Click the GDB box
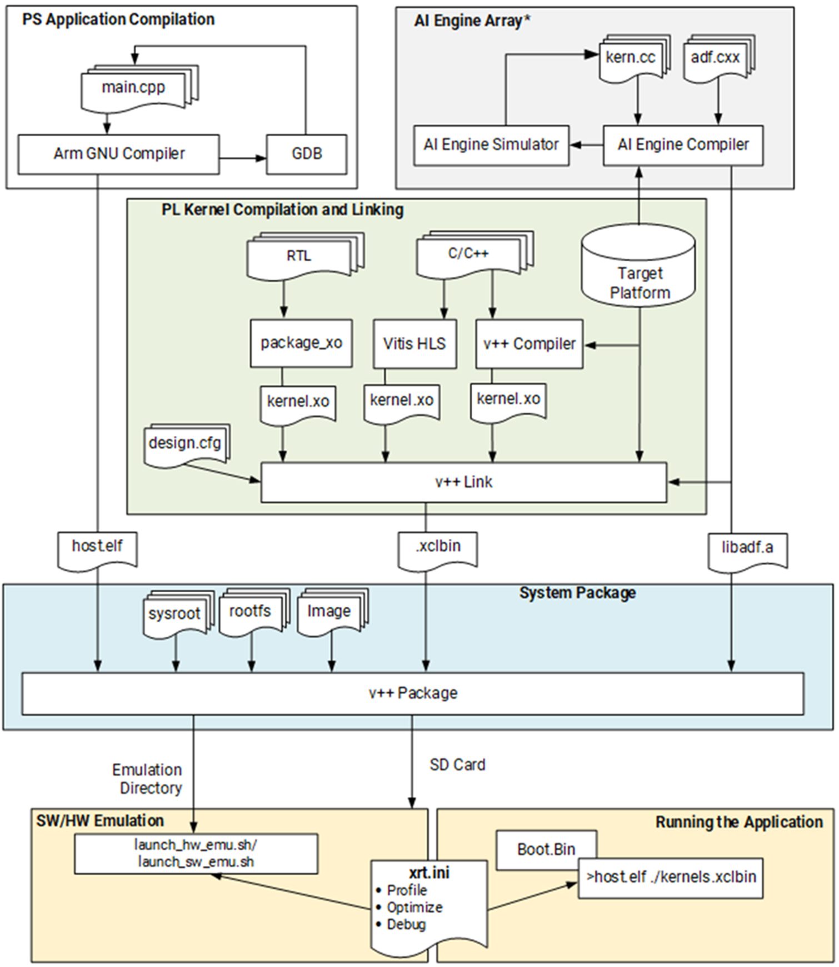point(306,154)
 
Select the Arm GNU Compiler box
point(118,154)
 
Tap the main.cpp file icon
point(133,88)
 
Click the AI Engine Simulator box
point(491,145)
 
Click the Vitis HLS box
point(414,344)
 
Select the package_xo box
point(301,343)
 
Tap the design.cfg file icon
point(184,444)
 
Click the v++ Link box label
point(463,482)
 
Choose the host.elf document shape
point(97,547)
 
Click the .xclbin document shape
point(438,547)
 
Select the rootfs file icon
point(250,612)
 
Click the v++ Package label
point(413,693)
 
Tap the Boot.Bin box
point(546,850)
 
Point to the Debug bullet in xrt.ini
point(406,924)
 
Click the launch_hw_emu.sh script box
point(196,853)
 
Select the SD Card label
point(457,765)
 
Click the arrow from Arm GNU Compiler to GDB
point(243,158)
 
